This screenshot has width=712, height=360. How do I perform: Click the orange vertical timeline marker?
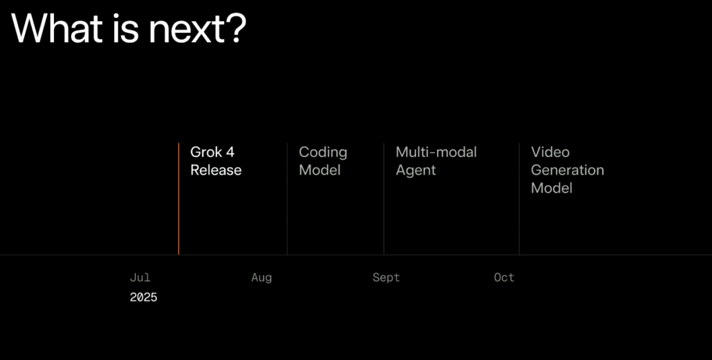[179, 199]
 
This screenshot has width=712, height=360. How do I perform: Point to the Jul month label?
[140, 278]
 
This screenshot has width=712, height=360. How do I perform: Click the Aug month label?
[262, 278]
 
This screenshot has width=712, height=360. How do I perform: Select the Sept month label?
[386, 278]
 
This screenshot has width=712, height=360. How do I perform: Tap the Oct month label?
[504, 278]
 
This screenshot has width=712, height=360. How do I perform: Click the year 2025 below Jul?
[144, 297]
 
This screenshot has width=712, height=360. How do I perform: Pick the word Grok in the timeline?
[206, 152]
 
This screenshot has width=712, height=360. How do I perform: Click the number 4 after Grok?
[230, 152]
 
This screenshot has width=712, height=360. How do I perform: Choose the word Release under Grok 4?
[216, 170]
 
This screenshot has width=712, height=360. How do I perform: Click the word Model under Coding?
[320, 170]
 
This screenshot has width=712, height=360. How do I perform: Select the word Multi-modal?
[436, 152]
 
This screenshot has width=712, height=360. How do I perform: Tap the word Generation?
[568, 170]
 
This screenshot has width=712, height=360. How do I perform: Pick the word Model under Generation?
[552, 188]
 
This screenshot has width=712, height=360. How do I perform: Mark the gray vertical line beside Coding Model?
[287, 199]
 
